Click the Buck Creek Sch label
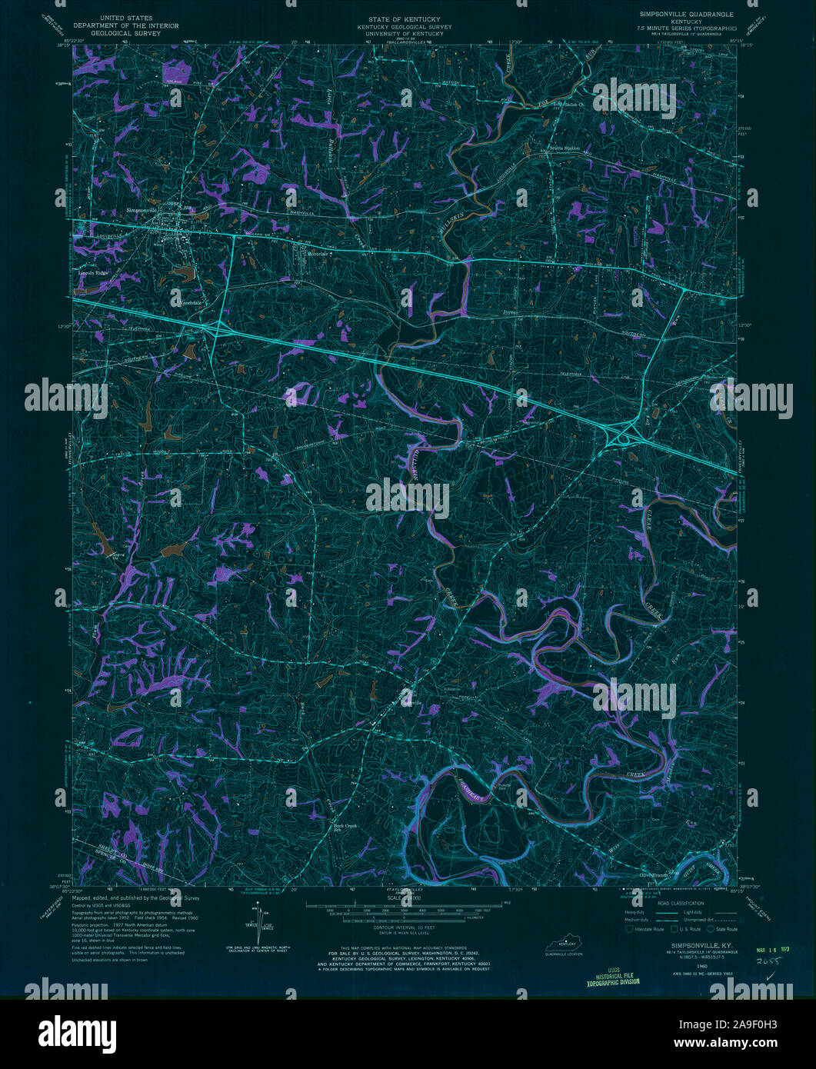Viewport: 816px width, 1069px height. coord(345,828)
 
